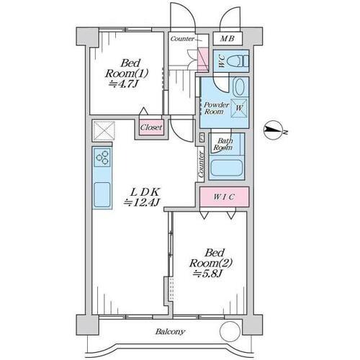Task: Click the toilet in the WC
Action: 238,60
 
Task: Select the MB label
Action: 227,38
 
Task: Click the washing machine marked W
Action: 239,108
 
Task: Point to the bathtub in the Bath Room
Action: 225,168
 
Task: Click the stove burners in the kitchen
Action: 102,158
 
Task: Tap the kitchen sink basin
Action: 102,194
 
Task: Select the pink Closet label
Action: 151,127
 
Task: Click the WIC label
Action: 224,197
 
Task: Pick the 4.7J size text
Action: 124,84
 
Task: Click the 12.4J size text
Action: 141,203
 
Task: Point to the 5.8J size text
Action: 208,273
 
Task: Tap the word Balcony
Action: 170,332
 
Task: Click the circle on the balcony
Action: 230,331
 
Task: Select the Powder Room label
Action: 217,108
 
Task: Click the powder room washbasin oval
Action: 240,87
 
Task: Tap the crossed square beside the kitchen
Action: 104,131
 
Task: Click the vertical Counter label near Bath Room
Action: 201,164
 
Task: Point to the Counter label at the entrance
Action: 182,39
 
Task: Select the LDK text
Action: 145,192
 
